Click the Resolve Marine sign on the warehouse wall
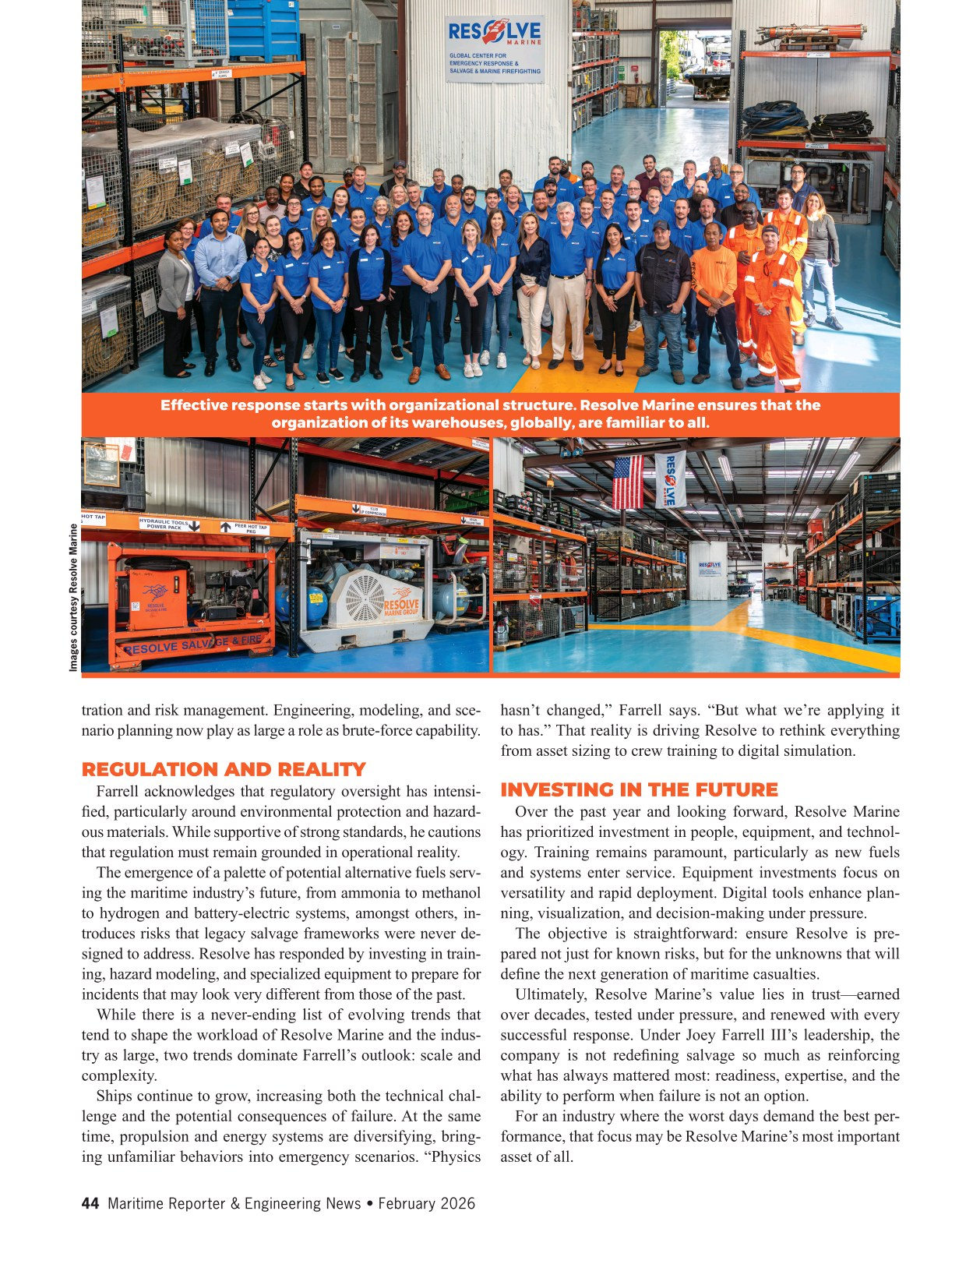click(495, 48)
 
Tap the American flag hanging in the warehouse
click(629, 482)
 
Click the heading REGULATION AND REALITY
click(224, 770)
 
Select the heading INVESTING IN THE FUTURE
click(639, 790)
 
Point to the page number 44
click(90, 1203)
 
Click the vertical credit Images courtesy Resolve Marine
click(74, 597)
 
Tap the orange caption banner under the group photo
click(490, 414)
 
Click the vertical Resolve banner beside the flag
click(669, 480)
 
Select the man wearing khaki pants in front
click(566, 281)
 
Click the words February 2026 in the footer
click(426, 1203)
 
